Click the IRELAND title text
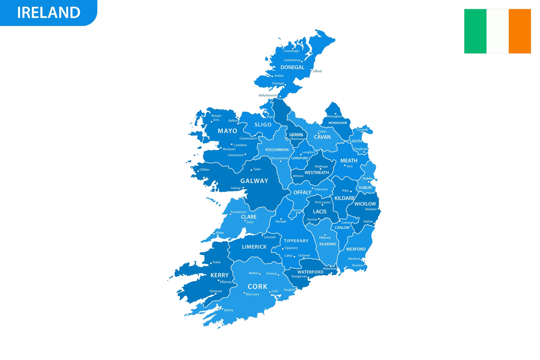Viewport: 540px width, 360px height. [49, 13]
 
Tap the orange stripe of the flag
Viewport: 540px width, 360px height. [520, 31]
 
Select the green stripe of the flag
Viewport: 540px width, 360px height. [475, 31]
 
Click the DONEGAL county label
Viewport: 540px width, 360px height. [292, 68]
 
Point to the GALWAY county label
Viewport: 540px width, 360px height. [254, 181]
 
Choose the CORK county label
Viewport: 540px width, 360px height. [258, 287]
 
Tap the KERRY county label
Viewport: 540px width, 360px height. [220, 275]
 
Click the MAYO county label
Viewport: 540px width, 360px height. [228, 131]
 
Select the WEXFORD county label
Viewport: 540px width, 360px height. [356, 249]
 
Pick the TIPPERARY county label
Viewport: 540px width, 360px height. [296, 241]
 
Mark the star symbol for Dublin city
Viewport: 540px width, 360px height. [369, 182]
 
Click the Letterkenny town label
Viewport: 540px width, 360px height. [292, 60]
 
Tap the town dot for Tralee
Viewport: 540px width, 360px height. [211, 263]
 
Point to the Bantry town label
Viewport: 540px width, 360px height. [228, 310]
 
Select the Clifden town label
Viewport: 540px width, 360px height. [204, 170]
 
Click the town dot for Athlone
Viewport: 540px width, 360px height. [291, 177]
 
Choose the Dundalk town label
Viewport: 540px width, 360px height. [362, 130]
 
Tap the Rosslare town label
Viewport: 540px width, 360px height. [358, 265]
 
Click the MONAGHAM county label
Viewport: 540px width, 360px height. [338, 123]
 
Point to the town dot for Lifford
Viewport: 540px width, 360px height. [311, 70]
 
